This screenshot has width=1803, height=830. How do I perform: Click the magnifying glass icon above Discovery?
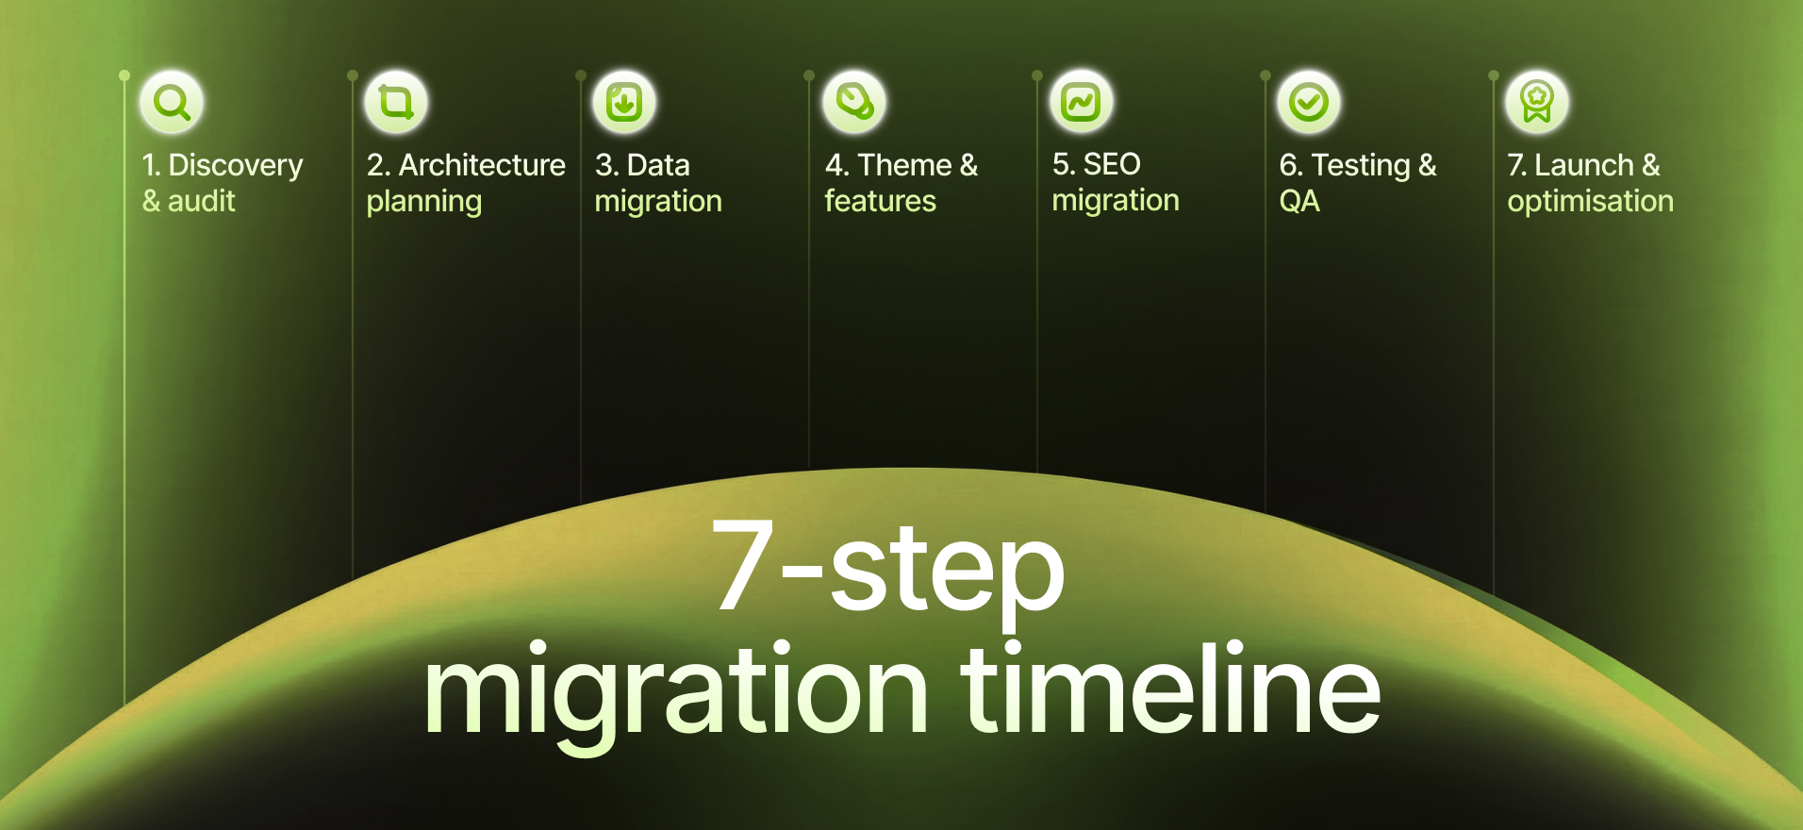coord(172,102)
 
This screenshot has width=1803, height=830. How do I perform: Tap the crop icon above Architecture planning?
coord(396,102)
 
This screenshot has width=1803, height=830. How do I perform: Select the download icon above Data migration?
coord(624,102)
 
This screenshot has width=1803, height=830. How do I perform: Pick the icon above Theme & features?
coord(854,102)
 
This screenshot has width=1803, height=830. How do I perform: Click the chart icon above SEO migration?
coord(1081,102)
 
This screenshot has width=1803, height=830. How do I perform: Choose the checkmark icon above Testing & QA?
coord(1309,102)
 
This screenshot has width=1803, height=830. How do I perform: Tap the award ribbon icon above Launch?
coord(1537,102)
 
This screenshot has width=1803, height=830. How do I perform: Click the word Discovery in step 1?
coord(236,166)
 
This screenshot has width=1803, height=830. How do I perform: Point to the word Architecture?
coord(482,165)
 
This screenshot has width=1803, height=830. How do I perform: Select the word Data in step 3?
coord(658,165)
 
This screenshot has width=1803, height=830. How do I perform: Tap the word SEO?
coord(1112,164)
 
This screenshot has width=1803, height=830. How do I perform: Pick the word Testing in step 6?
coord(1361,166)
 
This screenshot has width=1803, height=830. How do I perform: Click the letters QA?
coord(1299,201)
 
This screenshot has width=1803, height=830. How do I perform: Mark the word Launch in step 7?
coord(1583,165)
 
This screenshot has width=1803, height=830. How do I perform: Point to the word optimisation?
coord(1590,201)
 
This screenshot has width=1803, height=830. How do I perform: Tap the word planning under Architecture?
coord(424,202)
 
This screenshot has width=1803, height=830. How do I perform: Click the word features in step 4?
coord(880,201)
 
